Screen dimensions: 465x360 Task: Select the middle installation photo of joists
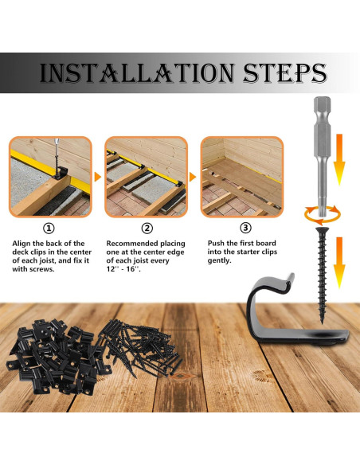[x=143, y=176]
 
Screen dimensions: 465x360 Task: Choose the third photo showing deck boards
[x=241, y=176]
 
